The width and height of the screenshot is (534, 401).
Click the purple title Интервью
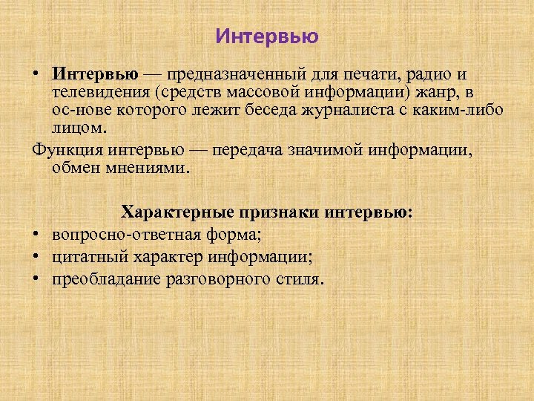click(x=267, y=36)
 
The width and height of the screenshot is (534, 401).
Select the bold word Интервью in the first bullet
click(x=95, y=75)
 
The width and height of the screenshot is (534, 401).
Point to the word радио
click(x=446, y=75)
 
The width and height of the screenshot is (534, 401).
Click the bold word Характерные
click(x=177, y=213)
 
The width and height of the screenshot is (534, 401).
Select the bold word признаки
click(x=277, y=213)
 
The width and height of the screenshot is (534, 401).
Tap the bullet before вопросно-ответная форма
click(x=36, y=235)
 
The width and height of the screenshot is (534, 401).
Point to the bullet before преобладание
click(x=36, y=280)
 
